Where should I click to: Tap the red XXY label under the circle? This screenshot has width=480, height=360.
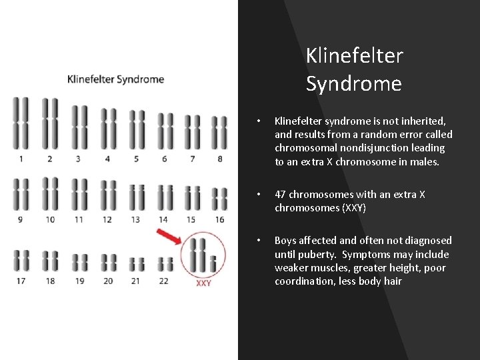(x=203, y=283)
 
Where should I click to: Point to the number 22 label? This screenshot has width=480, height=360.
(x=163, y=281)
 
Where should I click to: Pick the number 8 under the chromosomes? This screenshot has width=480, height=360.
(x=219, y=159)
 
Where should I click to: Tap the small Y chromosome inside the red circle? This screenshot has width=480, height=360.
(x=213, y=263)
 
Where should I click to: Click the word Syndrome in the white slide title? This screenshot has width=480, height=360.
(x=353, y=84)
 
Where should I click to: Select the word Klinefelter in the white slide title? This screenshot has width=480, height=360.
(x=354, y=56)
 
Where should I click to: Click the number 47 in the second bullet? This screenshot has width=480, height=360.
(x=281, y=194)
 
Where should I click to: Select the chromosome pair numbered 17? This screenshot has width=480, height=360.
(x=22, y=261)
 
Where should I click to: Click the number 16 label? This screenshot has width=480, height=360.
(x=219, y=219)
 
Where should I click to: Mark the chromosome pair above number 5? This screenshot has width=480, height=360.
(x=136, y=129)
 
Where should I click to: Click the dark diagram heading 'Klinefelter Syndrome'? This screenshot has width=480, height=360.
(x=115, y=79)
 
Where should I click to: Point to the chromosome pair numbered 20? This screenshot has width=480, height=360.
(x=108, y=262)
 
